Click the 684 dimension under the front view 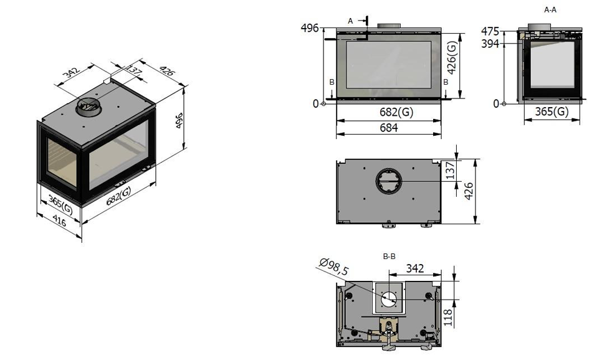[x=388, y=128]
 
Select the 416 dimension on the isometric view [x=59, y=220]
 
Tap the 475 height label [x=490, y=31]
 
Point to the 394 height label [x=490, y=44]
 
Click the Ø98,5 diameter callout [x=334, y=267]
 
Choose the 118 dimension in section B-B [x=448, y=318]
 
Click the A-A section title [x=550, y=10]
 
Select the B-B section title [x=389, y=257]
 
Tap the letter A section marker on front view [x=350, y=21]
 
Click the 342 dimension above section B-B [x=415, y=268]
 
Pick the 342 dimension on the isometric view [x=72, y=72]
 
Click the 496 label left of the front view [x=310, y=28]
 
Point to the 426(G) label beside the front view [x=452, y=57]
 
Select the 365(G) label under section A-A [x=551, y=111]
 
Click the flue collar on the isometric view [x=88, y=107]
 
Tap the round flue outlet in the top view [x=388, y=181]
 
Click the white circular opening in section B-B [x=388, y=299]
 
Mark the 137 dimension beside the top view [x=451, y=171]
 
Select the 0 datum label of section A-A [x=496, y=103]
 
